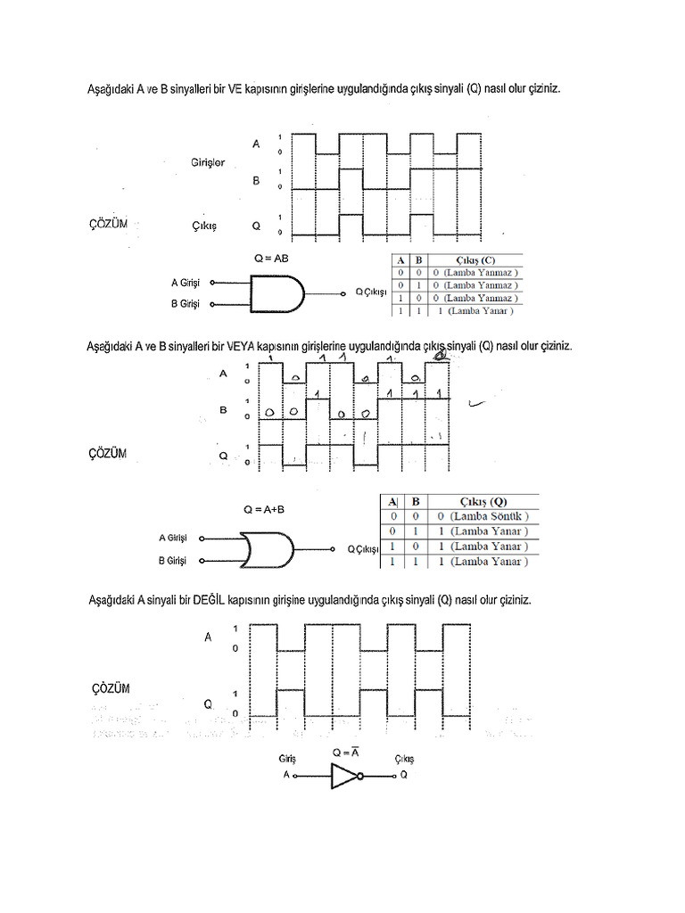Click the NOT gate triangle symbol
tap(343, 776)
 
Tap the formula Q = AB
tap(270, 258)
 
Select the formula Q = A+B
tap(264, 510)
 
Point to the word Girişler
tap(208, 162)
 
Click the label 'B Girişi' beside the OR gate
tap(172, 561)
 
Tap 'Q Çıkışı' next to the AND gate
tap(372, 292)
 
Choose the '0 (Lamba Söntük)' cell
tap(483, 516)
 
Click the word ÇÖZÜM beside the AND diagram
tap(107, 223)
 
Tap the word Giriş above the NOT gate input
tap(286, 759)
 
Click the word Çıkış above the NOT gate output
tap(404, 759)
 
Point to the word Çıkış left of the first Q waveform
tap(205, 226)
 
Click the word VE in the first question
tap(235, 90)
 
